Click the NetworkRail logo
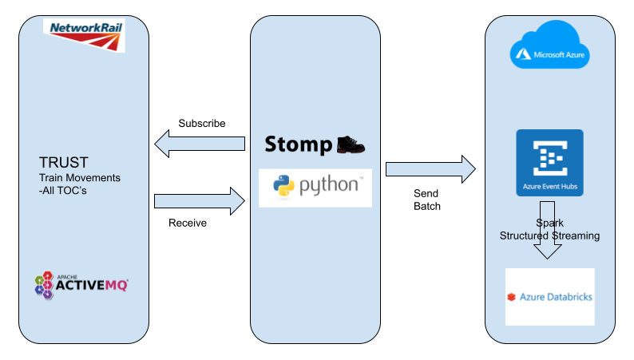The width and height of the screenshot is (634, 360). coord(84,34)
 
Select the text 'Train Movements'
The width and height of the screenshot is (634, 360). coord(80,177)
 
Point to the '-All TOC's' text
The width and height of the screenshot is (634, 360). coord(66,190)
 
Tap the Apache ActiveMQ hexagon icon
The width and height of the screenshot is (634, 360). coord(43,285)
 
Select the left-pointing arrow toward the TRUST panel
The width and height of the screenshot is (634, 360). coord(200,144)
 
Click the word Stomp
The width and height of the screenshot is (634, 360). coord(298,144)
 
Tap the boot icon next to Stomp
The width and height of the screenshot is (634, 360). coord(351,144)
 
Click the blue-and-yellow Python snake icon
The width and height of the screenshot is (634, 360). coord(283,187)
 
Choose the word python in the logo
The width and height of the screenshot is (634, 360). coord(330,188)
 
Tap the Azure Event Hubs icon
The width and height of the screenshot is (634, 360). coord(549,157)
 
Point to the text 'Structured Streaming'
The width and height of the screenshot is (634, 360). coord(549,235)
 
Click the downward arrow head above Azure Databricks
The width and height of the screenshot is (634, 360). coord(549,251)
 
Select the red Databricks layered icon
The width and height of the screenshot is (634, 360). coord(511,298)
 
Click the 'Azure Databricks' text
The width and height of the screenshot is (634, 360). coord(556,298)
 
